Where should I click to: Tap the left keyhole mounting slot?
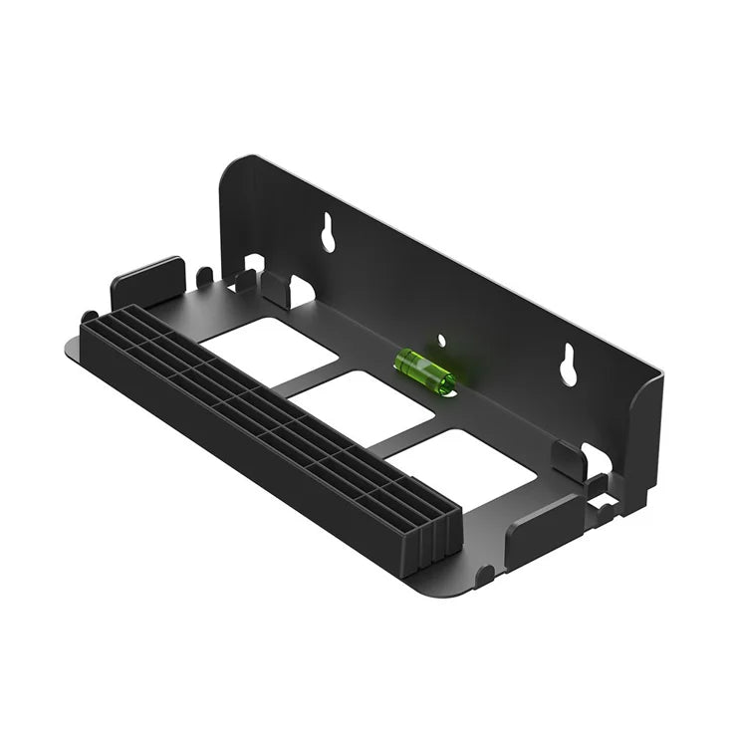pyautogui.click(x=328, y=234)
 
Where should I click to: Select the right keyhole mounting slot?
pyautogui.click(x=570, y=365)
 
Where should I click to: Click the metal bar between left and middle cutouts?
pyautogui.click(x=309, y=375)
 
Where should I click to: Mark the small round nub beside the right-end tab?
pyautogui.click(x=484, y=574)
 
